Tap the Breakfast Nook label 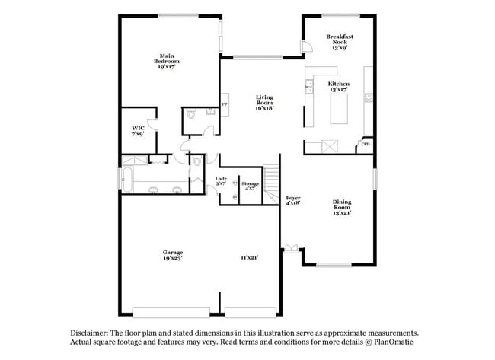pos(340,42)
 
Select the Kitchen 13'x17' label pos(339,87)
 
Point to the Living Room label pos(264,103)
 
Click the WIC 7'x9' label pos(138,131)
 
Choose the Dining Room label pos(342,206)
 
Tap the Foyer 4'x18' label pos(292,200)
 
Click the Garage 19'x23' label pos(172,255)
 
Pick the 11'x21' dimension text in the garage pos(250,258)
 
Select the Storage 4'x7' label pos(251,186)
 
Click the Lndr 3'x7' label pos(221,182)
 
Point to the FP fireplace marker pos(224,104)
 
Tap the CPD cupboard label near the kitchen pos(366,144)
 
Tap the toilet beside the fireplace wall pos(190,115)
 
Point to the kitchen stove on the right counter pos(368,97)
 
